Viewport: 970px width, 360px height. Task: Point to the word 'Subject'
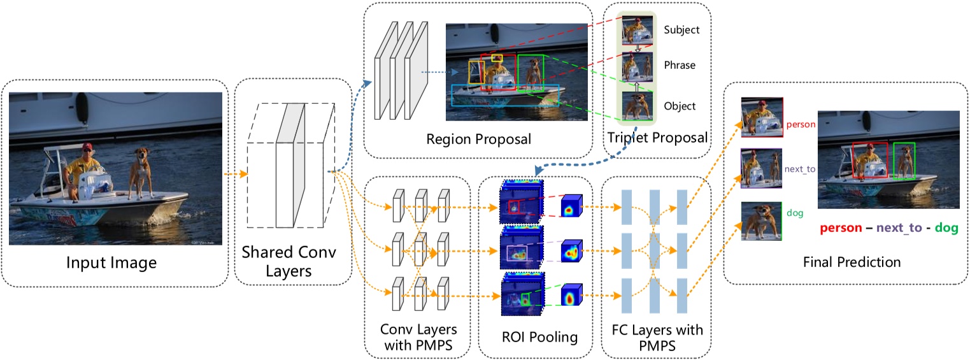681,30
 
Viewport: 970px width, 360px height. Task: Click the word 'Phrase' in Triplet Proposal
680,65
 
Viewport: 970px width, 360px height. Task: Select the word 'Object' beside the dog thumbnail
680,106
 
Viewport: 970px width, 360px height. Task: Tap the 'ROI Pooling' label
539,338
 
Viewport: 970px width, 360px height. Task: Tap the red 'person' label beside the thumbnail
801,125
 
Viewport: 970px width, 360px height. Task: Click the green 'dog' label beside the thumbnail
795,213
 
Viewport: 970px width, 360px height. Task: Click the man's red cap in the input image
87,148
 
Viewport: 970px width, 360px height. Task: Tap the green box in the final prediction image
904,161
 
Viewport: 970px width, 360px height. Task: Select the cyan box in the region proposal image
504,95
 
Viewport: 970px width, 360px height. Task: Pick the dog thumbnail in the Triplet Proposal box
638,106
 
